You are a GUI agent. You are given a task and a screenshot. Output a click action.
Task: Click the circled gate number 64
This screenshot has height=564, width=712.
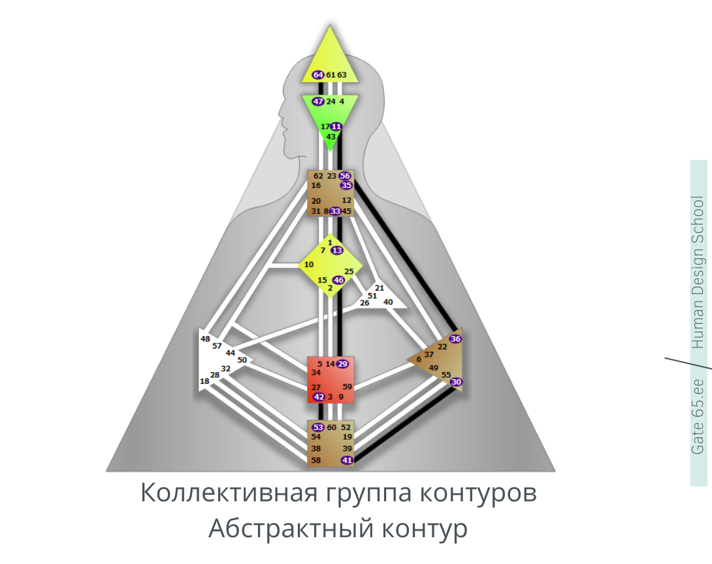[318, 75]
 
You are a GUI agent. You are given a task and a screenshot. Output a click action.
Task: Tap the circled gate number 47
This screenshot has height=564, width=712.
[318, 101]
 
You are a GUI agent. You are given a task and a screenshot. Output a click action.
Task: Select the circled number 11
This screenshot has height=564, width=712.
[336, 127]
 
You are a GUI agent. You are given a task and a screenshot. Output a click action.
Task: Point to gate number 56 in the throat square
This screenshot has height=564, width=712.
[345, 176]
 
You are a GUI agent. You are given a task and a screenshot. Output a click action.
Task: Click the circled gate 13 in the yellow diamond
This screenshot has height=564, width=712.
[337, 251]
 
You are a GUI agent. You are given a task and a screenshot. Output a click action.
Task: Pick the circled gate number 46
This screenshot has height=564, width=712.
[339, 280]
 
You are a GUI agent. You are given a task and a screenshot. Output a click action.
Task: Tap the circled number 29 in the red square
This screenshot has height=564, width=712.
[343, 364]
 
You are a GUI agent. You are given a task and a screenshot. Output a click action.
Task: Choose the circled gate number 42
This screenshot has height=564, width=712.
[319, 397]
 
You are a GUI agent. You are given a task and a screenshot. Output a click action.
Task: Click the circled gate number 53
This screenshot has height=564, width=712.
[318, 428]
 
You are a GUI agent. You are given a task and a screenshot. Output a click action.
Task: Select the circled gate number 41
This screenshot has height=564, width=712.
[348, 461]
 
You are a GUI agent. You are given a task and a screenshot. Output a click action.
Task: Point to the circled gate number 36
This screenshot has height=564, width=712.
[455, 339]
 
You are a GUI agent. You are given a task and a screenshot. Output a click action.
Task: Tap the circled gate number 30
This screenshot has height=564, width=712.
[457, 382]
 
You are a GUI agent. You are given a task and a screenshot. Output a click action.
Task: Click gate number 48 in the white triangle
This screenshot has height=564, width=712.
[205, 339]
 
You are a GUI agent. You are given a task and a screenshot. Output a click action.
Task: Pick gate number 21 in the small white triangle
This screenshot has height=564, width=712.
[380, 288]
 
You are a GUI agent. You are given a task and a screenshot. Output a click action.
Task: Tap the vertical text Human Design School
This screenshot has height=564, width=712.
[698, 272]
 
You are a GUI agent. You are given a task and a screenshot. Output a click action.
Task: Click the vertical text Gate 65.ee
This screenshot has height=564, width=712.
[698, 416]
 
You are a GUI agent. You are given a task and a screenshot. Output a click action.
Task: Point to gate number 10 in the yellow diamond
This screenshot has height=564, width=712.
[309, 264]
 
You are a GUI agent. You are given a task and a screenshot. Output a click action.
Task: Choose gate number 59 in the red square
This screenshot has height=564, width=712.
[348, 387]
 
